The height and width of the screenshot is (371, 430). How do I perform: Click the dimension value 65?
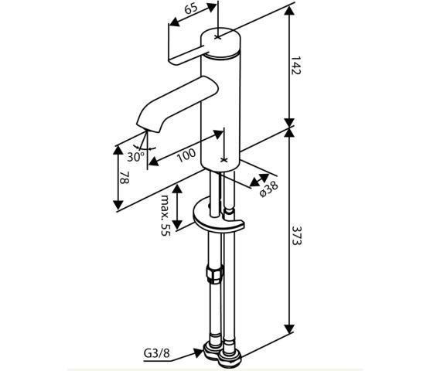coord(191,9)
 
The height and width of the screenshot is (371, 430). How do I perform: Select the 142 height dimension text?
coord(296,66)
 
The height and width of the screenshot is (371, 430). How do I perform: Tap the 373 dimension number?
coord(296,236)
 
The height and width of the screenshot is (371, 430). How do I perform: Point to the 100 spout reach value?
coord(186,155)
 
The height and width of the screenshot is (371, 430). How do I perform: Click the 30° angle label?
coord(135,157)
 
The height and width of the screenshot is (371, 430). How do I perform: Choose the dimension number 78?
coord(125,178)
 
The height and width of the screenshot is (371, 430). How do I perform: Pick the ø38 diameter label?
coord(269,189)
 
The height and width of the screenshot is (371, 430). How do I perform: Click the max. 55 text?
coord(166,215)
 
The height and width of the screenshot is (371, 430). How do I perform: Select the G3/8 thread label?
coord(157,353)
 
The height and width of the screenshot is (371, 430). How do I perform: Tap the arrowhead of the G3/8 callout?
coord(199,352)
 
